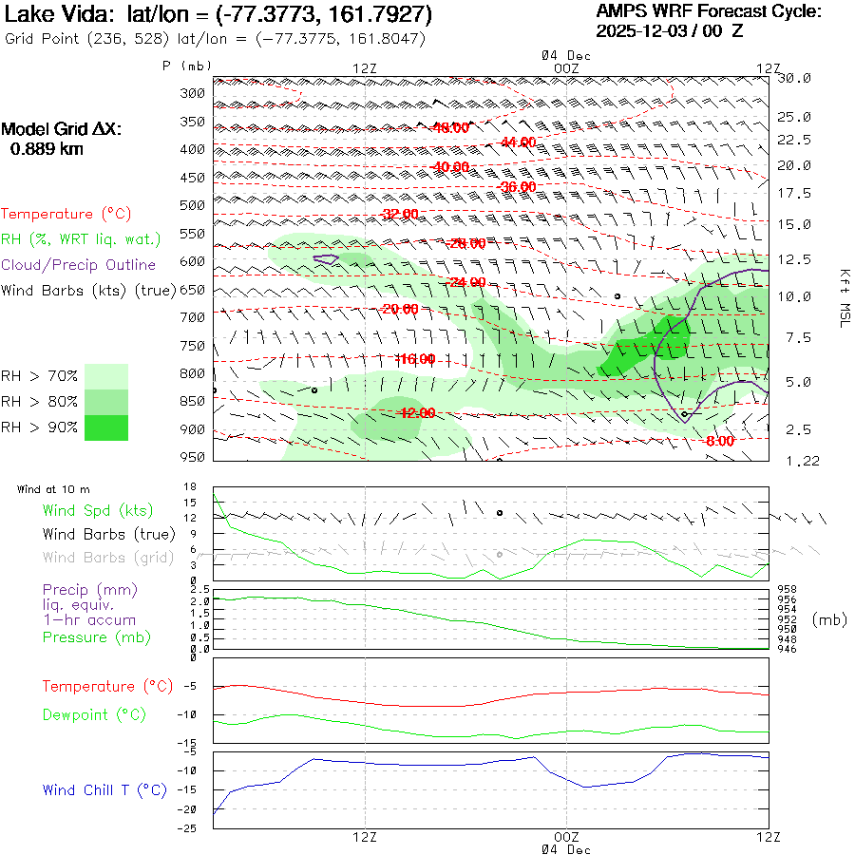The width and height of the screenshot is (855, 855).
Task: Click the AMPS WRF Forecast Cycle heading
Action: tap(708, 11)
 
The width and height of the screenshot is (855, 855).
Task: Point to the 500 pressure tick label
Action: tap(192, 205)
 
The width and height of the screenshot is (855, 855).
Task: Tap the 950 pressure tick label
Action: tap(192, 457)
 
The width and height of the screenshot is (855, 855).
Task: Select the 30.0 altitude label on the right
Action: tap(794, 79)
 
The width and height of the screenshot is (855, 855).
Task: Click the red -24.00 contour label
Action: tap(465, 282)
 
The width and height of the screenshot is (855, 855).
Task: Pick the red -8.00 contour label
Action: tap(720, 441)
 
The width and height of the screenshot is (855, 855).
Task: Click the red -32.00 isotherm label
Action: tap(400, 213)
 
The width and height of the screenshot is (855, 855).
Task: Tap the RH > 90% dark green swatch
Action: tap(106, 427)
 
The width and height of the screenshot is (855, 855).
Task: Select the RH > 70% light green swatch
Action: tap(106, 376)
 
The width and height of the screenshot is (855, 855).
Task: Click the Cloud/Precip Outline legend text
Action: tap(79, 265)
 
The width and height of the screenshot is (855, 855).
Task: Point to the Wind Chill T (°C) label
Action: tap(104, 790)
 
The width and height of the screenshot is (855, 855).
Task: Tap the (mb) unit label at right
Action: tap(829, 619)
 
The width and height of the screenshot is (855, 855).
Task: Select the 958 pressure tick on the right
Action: tap(787, 590)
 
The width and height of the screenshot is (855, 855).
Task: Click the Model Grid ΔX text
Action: tap(62, 129)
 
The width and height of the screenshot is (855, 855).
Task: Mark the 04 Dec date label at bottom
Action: tap(565, 849)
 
